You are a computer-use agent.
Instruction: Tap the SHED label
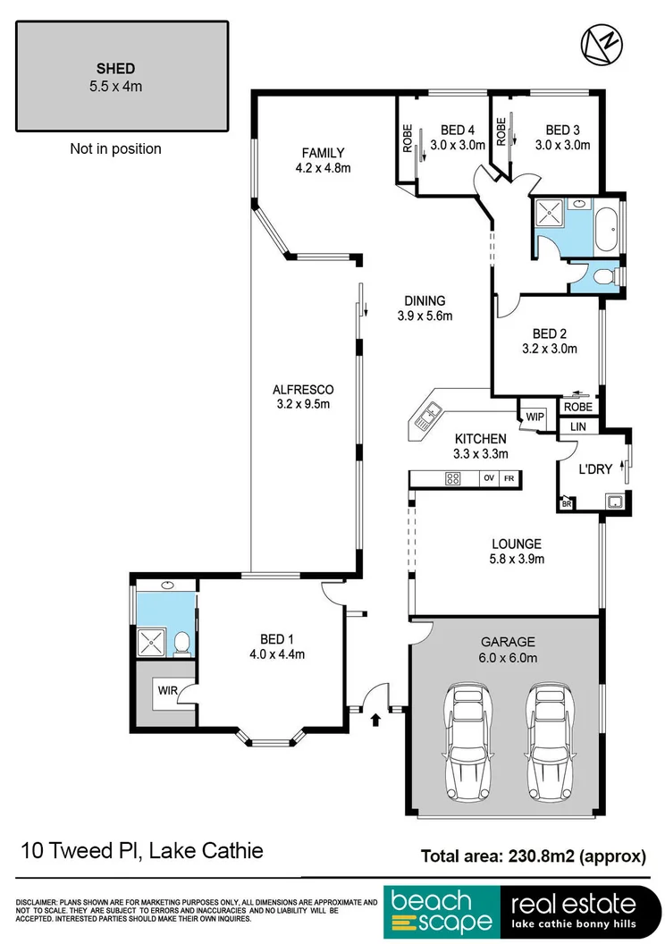pyautogui.click(x=115, y=68)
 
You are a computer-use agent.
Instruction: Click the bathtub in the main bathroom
pyautogui.click(x=610, y=223)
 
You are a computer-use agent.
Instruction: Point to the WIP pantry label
pyautogui.click(x=535, y=417)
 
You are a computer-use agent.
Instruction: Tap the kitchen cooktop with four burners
pyautogui.click(x=452, y=478)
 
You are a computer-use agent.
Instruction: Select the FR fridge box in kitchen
pyautogui.click(x=509, y=478)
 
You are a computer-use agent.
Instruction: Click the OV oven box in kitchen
pyautogui.click(x=489, y=478)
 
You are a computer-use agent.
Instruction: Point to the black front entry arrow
pyautogui.click(x=375, y=717)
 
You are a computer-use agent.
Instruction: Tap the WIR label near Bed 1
pyautogui.click(x=166, y=690)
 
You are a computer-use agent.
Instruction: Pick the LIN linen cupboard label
pyautogui.click(x=578, y=427)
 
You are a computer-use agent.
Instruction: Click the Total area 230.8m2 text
pyautogui.click(x=534, y=855)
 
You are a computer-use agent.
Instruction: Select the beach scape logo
pyautogui.click(x=440, y=912)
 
